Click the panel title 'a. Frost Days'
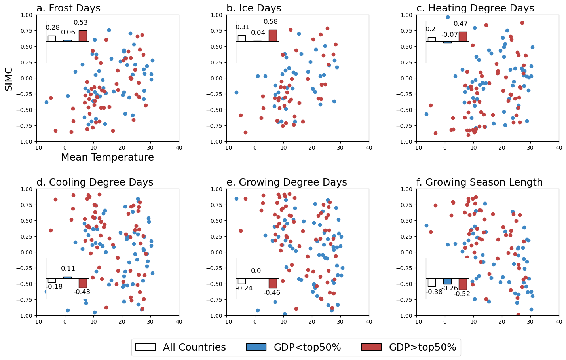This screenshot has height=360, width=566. pos(68,8)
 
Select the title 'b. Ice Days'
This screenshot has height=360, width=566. pos(254,8)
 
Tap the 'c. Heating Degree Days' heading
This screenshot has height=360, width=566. pos(475,8)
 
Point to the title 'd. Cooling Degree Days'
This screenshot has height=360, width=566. pos(95,182)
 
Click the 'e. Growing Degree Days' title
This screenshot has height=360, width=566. pos(287,182)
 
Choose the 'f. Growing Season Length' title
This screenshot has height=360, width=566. pos(479,182)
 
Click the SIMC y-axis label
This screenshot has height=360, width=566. pos(9,79)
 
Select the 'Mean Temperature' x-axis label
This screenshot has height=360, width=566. pos(107,157)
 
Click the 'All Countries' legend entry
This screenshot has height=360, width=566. pos(180,347)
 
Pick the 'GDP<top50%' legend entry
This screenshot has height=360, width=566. pos(293,347)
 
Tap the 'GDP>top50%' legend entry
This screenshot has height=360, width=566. pos(409,347)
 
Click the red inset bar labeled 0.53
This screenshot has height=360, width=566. pos(83,36)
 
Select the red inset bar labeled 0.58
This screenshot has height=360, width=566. pos(273,36)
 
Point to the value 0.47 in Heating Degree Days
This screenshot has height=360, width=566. pos(461,24)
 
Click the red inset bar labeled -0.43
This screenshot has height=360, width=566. pos(83,283)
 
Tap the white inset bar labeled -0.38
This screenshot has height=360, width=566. pos(431,282)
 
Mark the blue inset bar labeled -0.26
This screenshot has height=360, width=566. pos(447,281)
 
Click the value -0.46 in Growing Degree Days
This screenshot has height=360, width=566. pos(272,293)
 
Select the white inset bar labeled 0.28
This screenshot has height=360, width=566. pos(52,38)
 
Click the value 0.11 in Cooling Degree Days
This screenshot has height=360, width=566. pos(68,269)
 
